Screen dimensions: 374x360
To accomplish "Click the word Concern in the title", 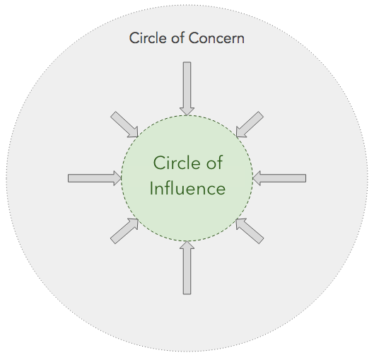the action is tap(216, 38).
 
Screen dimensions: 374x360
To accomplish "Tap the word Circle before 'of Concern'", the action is tap(148, 38).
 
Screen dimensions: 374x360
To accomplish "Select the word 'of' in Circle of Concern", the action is tap(177, 38).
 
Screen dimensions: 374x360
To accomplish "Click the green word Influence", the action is tap(187, 188).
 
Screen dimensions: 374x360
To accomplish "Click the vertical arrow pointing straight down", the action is tap(187, 88).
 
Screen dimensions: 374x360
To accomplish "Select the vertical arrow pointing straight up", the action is tap(187, 267).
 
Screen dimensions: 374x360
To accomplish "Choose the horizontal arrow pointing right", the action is tap(95, 178).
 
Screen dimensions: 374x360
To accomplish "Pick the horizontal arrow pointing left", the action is tap(279, 178).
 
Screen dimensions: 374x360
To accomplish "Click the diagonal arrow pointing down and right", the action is tap(124, 124).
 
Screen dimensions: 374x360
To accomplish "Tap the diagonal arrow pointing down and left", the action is tap(250, 124).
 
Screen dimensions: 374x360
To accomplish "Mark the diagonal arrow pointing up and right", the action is tap(124, 231).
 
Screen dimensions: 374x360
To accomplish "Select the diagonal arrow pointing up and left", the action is tap(250, 231).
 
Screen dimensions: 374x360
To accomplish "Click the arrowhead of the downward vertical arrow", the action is tap(187, 112).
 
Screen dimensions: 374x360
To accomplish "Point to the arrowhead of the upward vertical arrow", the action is tap(187, 245).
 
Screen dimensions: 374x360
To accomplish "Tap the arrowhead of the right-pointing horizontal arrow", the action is tap(117, 178).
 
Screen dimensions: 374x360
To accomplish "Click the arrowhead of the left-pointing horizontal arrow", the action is tap(257, 178).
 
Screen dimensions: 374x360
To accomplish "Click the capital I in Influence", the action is tap(151, 188).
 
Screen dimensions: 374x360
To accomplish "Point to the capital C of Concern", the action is tap(194, 38).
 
